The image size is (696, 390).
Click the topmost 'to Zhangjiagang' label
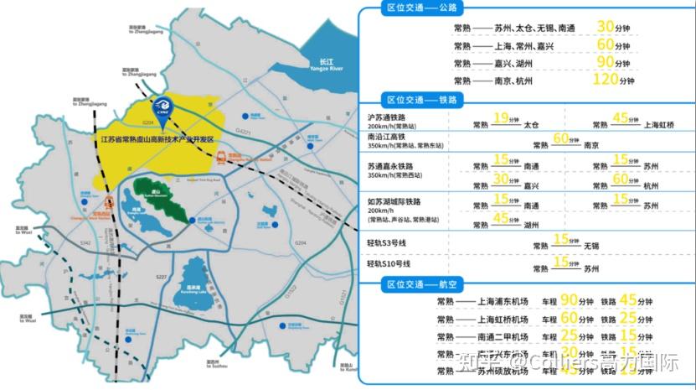[145, 31]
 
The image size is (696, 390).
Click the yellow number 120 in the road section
[604, 80]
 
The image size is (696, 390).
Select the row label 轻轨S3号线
[391, 244]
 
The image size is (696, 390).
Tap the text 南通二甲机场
[504, 337]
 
